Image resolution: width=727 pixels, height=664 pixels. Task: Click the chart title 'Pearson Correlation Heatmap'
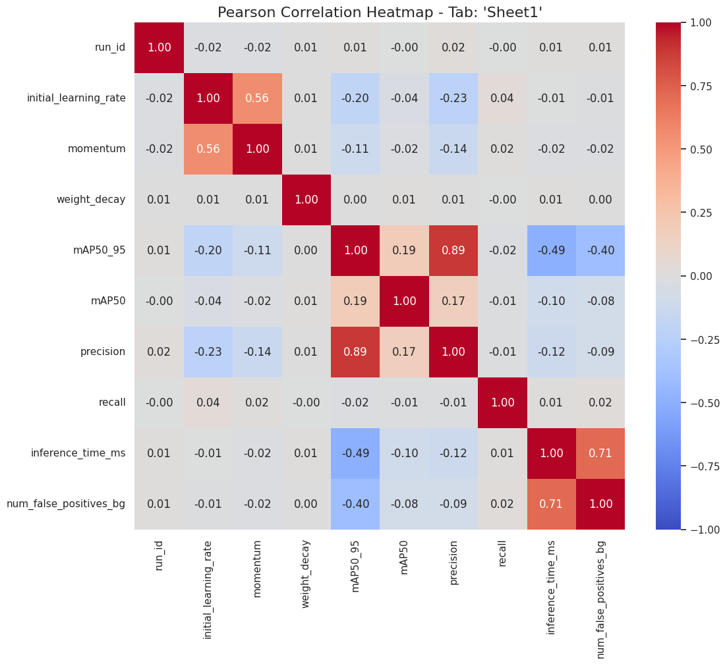[380, 13]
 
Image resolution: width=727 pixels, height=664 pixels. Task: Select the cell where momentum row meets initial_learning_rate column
[208, 149]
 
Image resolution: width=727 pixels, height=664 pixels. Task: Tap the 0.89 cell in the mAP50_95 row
[453, 250]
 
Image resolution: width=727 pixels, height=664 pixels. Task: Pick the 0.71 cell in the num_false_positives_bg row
[552, 504]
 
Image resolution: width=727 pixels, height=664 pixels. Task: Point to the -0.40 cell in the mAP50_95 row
[600, 250]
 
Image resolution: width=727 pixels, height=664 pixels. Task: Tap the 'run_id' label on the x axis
[159, 555]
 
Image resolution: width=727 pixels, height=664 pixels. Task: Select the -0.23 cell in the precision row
[208, 352]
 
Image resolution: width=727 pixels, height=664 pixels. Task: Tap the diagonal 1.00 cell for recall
[502, 402]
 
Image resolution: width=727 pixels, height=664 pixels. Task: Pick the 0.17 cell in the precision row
[404, 352]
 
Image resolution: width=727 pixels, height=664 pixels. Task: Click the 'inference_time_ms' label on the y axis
[78, 453]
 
